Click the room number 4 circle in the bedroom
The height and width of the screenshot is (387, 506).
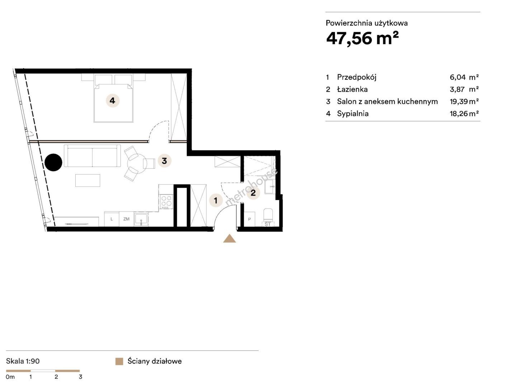pos(113,101)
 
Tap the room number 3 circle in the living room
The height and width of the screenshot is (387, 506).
pos(164,161)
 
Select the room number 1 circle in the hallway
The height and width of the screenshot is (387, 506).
pos(216,200)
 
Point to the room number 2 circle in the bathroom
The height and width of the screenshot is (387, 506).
pos(253,192)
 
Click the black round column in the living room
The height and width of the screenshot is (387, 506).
pos(53,162)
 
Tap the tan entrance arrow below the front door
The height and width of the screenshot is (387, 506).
pos(230,238)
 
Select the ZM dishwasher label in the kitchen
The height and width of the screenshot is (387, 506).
pos(126,219)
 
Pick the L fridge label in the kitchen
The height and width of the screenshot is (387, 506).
pos(112,219)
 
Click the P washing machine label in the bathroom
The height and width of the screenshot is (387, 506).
pos(250,219)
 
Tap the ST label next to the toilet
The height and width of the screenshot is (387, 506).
pos(268,224)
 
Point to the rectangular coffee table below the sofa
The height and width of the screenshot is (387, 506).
pos(88,180)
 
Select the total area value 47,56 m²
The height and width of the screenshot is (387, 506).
pos(363,38)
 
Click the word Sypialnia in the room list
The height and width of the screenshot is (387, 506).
pos(353,114)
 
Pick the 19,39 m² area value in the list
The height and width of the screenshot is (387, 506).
pos(464,102)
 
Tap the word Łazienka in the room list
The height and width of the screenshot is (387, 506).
pos(352,89)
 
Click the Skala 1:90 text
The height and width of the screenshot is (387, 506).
pos(23,361)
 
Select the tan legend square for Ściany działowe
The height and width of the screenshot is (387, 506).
pos(119,362)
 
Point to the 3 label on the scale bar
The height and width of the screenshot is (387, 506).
pos(80,377)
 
